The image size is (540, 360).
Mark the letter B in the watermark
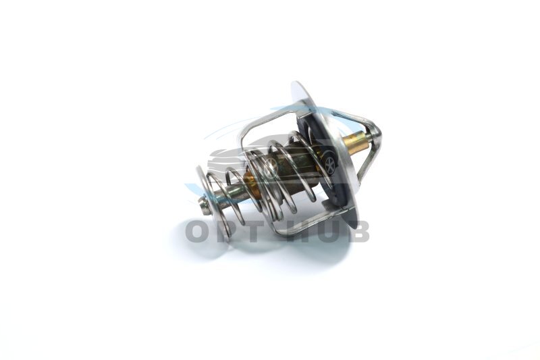tap(357, 232)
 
